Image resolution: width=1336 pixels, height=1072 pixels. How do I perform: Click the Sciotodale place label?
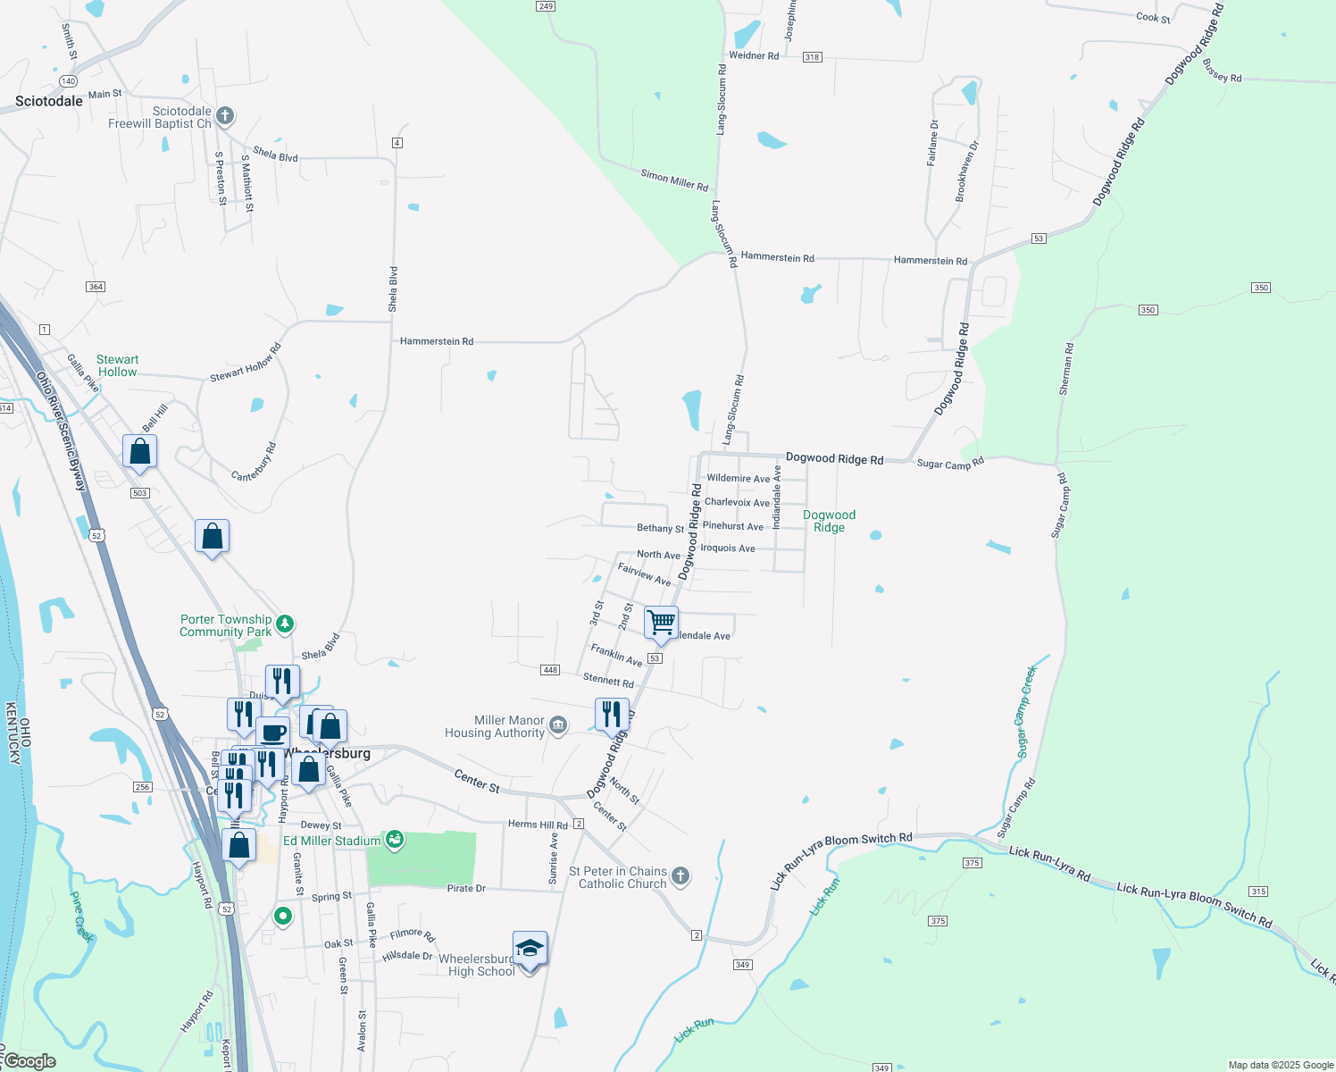(x=49, y=101)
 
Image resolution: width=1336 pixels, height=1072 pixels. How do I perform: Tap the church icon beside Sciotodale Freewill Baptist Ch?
(x=225, y=115)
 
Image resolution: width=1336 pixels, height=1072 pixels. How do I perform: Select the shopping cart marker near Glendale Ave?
(x=661, y=623)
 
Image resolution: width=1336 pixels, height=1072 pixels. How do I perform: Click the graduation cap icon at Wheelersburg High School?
(x=530, y=949)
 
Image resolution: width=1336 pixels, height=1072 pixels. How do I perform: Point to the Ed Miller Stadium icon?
(x=394, y=840)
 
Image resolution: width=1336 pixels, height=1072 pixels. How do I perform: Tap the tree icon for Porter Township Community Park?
(x=284, y=624)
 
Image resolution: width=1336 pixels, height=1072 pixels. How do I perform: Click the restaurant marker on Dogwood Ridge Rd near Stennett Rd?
(x=612, y=715)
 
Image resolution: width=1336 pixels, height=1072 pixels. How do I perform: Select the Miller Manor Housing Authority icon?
(x=558, y=724)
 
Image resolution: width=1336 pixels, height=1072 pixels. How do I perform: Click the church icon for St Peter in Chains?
(x=681, y=875)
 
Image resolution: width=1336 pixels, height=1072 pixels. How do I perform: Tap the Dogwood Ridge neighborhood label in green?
(x=829, y=521)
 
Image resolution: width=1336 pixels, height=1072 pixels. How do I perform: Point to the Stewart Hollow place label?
(x=117, y=365)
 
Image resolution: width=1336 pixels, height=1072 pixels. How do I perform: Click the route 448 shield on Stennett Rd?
(x=550, y=670)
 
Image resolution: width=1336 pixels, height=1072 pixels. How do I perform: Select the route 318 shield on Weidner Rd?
(x=812, y=57)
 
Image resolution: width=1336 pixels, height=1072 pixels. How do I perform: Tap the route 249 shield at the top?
(x=546, y=6)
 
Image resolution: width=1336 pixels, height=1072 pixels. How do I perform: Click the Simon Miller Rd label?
(x=674, y=180)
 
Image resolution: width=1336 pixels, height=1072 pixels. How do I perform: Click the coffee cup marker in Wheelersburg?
(x=273, y=733)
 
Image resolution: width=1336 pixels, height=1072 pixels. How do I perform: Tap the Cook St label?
(x=1153, y=17)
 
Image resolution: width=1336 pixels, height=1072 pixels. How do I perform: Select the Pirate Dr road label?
(x=466, y=888)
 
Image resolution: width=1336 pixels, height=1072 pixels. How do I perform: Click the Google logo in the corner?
(x=29, y=1061)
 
